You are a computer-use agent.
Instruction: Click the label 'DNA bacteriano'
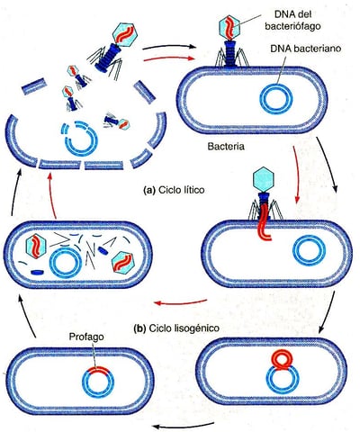click(x=306, y=49)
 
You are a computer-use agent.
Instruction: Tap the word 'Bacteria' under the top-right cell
click(x=226, y=147)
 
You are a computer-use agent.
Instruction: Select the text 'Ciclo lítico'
click(x=181, y=190)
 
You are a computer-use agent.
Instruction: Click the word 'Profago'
click(x=86, y=337)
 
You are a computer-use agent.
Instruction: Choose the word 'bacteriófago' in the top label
click(x=292, y=26)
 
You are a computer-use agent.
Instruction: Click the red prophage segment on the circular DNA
click(x=98, y=371)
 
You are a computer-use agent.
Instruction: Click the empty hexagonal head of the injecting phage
click(x=264, y=179)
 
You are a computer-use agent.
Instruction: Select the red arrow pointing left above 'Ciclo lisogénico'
click(x=181, y=302)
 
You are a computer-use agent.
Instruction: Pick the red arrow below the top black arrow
click(x=169, y=58)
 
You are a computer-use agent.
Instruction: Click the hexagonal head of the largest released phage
click(x=125, y=34)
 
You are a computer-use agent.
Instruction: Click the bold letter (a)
click(x=149, y=191)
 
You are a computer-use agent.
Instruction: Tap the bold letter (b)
click(x=139, y=328)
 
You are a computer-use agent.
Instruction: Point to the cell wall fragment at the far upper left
click(x=33, y=86)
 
